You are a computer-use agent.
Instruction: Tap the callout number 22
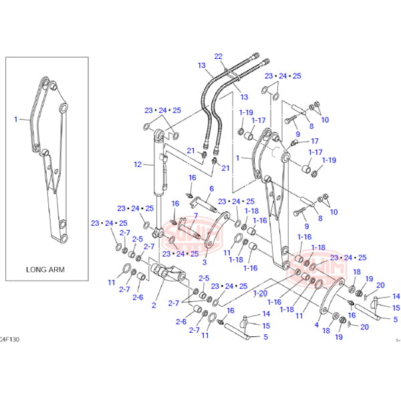tap(219, 56)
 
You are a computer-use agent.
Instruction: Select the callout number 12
tap(138, 164)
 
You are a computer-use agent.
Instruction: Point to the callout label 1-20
tap(260, 293)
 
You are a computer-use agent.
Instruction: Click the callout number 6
tap(211, 189)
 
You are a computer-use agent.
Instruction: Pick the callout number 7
tap(195, 215)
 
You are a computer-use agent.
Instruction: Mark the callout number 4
tap(316, 325)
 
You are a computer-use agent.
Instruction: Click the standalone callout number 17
tap(315, 141)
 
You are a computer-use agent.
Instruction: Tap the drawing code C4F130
tap(9, 340)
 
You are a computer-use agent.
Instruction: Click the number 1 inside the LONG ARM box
tap(15, 119)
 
